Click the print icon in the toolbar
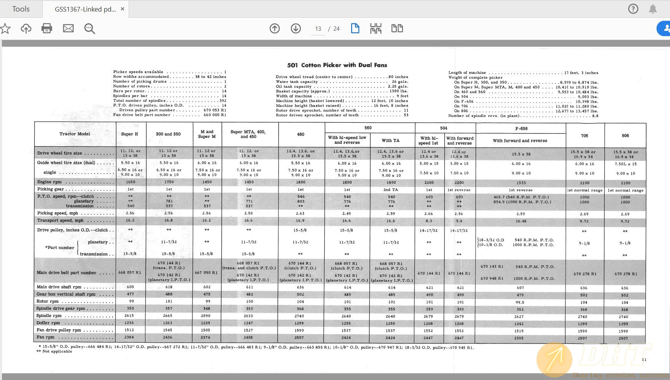[46, 28]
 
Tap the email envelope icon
[68, 28]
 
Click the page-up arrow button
[275, 28]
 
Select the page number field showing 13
[318, 29]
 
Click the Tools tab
[21, 9]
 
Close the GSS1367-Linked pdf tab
[123, 9]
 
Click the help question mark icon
[633, 9]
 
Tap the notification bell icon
[653, 9]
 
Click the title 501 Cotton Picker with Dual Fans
[337, 65]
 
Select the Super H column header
[129, 134]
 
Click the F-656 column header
[521, 128]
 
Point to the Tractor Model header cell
[75, 134]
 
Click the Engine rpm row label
[50, 182]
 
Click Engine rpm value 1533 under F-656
[521, 183]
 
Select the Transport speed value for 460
[300, 221]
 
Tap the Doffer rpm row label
[48, 323]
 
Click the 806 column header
[625, 136]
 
